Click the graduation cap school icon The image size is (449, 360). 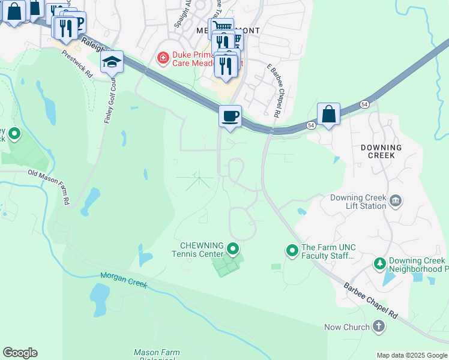112,62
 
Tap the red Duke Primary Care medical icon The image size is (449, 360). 162,58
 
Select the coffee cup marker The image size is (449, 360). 229,116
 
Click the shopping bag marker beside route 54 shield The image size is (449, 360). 328,113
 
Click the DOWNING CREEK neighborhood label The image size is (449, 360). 381,151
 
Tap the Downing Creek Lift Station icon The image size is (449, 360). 395,200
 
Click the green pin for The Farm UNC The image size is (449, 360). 292,249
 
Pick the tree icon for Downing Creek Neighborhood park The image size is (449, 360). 379,263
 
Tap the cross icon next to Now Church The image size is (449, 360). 378,327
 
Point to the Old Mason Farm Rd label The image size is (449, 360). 50,186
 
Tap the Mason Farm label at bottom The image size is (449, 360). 154,353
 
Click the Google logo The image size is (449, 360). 20,353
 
